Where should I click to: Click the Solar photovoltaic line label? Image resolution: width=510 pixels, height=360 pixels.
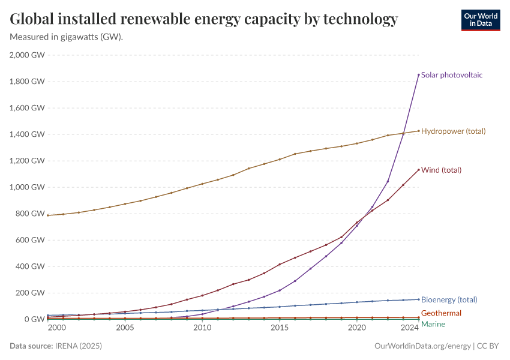(x=452, y=75)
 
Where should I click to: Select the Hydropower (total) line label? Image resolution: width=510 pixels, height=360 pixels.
(x=453, y=131)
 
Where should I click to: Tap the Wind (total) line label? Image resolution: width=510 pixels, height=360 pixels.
(x=441, y=170)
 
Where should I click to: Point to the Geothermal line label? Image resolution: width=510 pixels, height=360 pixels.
(x=441, y=313)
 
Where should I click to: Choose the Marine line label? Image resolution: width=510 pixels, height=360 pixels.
(x=433, y=324)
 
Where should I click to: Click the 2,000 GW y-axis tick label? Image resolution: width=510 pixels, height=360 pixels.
(x=27, y=55)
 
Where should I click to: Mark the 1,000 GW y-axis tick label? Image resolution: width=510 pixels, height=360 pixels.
(x=27, y=187)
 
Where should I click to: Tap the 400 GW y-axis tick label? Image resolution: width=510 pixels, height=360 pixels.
(x=30, y=266)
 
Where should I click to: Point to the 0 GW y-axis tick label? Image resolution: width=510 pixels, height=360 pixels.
(x=34, y=319)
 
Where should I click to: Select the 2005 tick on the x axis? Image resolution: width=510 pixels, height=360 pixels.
(x=125, y=328)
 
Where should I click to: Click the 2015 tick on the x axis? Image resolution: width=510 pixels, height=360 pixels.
(x=279, y=328)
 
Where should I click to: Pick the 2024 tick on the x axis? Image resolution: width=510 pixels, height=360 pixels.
(x=410, y=328)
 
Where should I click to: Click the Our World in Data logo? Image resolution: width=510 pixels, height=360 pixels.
(x=480, y=20)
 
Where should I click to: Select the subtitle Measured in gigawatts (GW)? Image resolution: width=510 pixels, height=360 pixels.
(x=67, y=37)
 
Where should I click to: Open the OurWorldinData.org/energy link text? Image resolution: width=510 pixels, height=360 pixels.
(x=422, y=346)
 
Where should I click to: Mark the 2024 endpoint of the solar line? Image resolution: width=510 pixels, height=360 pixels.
(x=418, y=74)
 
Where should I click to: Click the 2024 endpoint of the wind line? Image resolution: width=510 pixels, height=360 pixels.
(x=418, y=170)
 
